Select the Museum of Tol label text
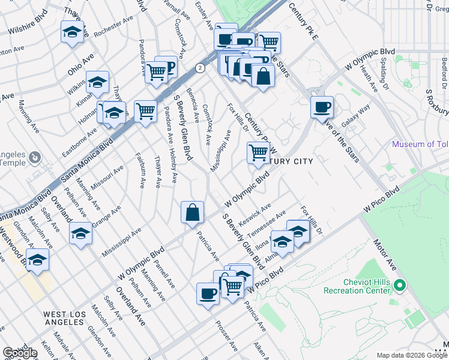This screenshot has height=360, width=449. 420,144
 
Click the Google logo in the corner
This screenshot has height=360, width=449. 20,353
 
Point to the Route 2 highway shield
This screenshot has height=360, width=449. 200,68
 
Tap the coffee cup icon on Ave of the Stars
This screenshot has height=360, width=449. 322,107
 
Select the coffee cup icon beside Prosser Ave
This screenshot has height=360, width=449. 208,293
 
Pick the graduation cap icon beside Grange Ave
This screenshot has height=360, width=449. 80,233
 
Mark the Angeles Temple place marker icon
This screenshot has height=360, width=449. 34,158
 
